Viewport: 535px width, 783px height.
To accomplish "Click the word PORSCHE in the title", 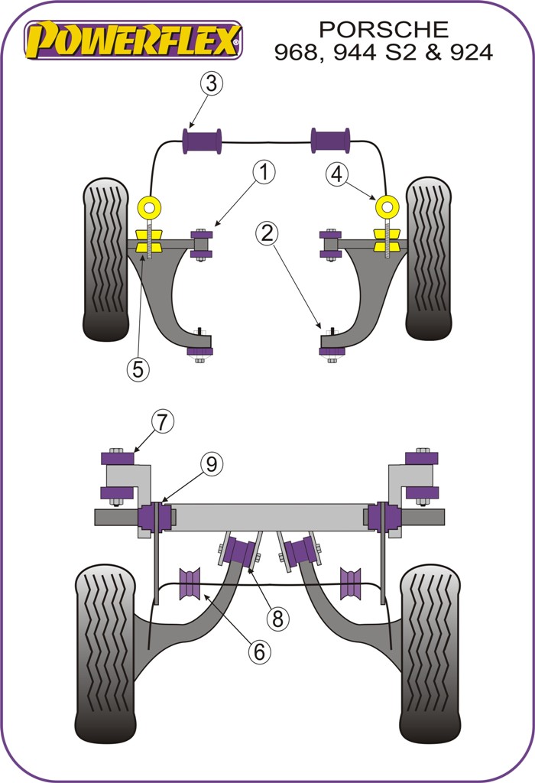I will [383, 29].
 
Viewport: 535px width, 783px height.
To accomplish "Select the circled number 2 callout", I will [266, 233].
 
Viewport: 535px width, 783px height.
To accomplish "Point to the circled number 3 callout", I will [212, 83].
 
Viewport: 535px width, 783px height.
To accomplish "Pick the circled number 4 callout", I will [337, 175].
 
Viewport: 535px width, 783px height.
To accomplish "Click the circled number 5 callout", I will [138, 369].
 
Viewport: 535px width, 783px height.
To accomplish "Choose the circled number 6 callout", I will [259, 651].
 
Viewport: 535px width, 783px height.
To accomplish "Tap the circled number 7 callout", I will [162, 421].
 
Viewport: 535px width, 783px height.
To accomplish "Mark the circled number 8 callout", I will [277, 619].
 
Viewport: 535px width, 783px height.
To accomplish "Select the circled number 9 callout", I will [212, 463].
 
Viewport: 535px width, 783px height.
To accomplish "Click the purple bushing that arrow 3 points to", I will [202, 141].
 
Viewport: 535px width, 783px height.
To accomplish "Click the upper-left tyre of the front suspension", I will [105, 260].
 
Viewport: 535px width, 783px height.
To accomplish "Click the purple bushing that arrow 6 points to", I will [190, 585].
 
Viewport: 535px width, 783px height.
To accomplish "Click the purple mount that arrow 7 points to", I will [118, 458].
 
